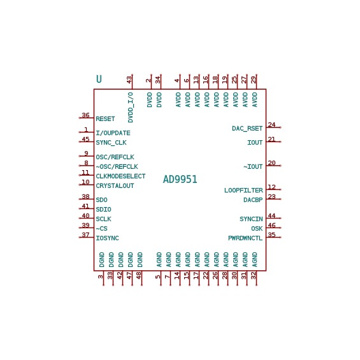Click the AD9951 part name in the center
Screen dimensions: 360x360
click(180, 179)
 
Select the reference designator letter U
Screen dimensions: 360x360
click(99, 79)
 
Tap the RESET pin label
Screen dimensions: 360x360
click(105, 119)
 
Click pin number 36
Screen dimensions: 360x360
click(85, 115)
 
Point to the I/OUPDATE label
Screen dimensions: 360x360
click(113, 133)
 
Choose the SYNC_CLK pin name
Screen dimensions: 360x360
click(111, 143)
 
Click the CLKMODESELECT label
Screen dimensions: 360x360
click(120, 176)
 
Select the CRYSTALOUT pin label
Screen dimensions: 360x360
click(115, 186)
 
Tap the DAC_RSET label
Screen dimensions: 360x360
click(247, 129)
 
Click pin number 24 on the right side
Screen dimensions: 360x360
click(271, 125)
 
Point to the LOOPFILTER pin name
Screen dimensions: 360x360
click(243, 191)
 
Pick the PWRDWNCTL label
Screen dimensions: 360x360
click(245, 238)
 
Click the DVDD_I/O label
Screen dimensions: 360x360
click(131, 108)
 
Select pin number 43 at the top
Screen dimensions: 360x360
click(129, 80)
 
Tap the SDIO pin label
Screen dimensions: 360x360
click(103, 210)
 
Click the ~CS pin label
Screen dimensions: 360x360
click(101, 229)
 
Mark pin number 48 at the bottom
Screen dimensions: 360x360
click(139, 275)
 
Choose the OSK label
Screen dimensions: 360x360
click(257, 229)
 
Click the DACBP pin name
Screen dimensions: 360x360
click(253, 200)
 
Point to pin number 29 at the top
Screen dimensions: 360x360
click(253, 80)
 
